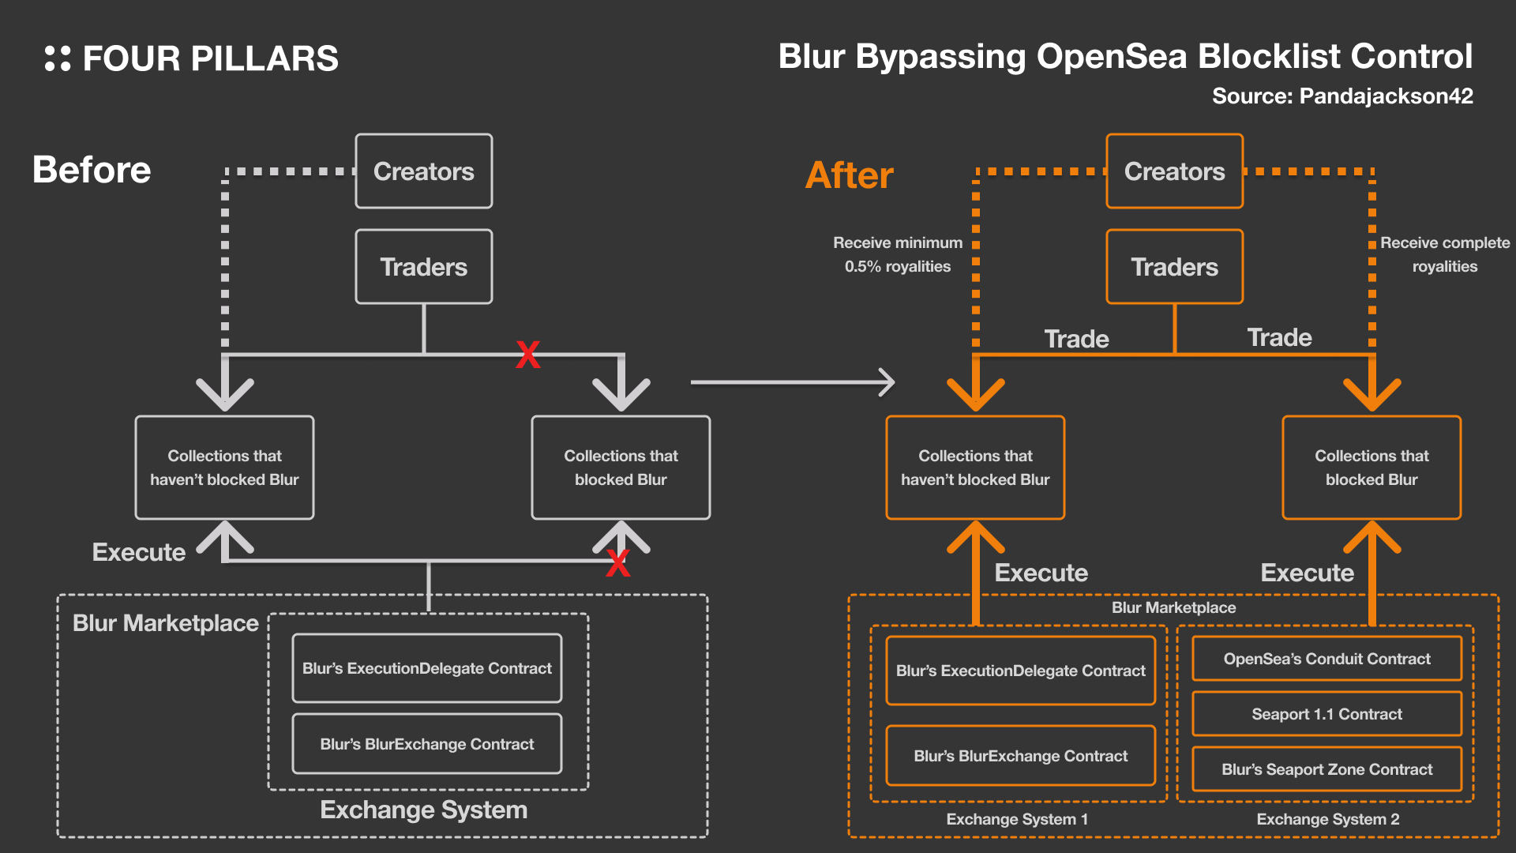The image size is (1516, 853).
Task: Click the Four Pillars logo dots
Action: tap(58, 58)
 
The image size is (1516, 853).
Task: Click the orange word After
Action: tap(850, 175)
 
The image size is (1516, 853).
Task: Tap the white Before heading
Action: tap(92, 170)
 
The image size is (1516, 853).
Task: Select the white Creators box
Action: tap(424, 171)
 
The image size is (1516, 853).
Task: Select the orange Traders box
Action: tap(1174, 267)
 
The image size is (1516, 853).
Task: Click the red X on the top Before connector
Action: tap(528, 355)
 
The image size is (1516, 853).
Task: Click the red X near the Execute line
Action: tap(618, 563)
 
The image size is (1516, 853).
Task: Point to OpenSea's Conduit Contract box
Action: tap(1326, 659)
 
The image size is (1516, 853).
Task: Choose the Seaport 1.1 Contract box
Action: tap(1326, 714)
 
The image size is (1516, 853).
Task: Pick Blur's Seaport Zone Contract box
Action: tap(1326, 769)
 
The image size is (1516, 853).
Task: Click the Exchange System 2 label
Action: tap(1327, 819)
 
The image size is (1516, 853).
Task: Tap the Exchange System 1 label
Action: tap(1017, 819)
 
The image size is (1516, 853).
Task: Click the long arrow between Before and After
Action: tap(792, 382)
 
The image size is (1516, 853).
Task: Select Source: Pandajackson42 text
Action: tap(1342, 96)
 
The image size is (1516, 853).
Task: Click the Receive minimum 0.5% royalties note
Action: tap(898, 254)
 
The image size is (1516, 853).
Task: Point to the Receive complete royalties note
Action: tap(1444, 254)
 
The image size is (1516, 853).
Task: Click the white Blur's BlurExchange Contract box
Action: tap(427, 744)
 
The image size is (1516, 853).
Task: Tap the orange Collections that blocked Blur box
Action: tap(1372, 468)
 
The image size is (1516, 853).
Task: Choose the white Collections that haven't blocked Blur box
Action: tap(224, 468)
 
